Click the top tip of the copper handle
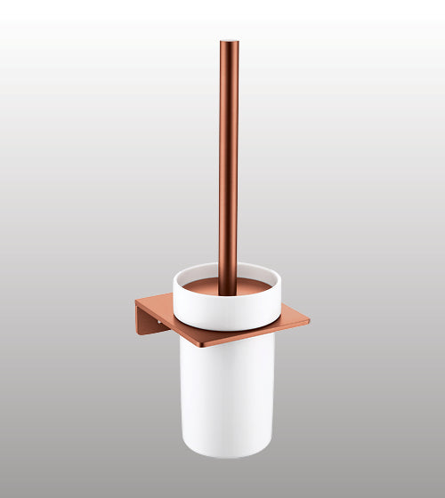[x=229, y=41]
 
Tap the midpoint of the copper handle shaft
[x=229, y=160]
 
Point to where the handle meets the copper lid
[x=229, y=283]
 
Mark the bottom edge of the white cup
[x=227, y=456]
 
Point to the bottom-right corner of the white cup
[x=271, y=449]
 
